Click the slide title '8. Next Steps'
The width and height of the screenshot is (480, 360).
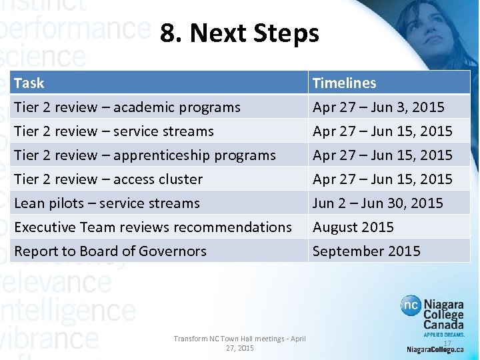point(239,33)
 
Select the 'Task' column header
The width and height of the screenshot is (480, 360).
point(29,83)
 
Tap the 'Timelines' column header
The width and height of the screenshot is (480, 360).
point(344,83)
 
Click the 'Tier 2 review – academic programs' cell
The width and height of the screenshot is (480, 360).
point(127,107)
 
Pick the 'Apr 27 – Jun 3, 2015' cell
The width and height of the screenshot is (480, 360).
point(378,107)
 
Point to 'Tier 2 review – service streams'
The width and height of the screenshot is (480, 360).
point(114,131)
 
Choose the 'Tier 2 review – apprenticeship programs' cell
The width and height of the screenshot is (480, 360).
point(145,155)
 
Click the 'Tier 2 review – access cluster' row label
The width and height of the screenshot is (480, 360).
point(108,179)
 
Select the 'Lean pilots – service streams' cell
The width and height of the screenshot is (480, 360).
point(107,203)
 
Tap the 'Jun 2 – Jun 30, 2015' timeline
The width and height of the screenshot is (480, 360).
point(377,203)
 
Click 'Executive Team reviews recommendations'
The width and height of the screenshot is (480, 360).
point(153,227)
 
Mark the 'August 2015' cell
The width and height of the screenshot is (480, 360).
point(353,227)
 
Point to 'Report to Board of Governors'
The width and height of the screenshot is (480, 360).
point(110,251)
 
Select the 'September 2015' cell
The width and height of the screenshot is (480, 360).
point(366,251)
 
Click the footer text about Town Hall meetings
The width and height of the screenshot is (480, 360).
point(239,343)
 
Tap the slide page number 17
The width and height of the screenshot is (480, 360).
point(447,343)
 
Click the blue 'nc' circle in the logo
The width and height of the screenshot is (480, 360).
point(411,306)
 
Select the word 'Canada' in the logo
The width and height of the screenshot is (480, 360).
point(444,324)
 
